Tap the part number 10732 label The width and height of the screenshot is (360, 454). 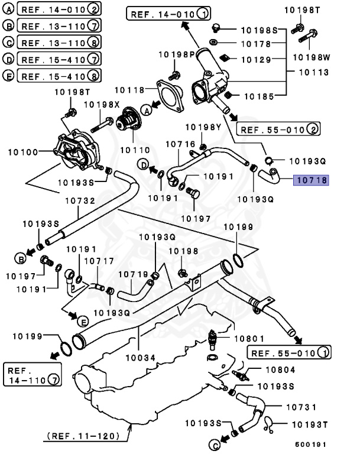coord(79,201)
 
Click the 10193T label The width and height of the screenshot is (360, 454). coord(309,424)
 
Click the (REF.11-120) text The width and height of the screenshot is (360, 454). coord(83,436)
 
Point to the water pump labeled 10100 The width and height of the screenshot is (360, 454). coord(76,151)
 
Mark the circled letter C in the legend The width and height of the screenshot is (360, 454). coord(9,42)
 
